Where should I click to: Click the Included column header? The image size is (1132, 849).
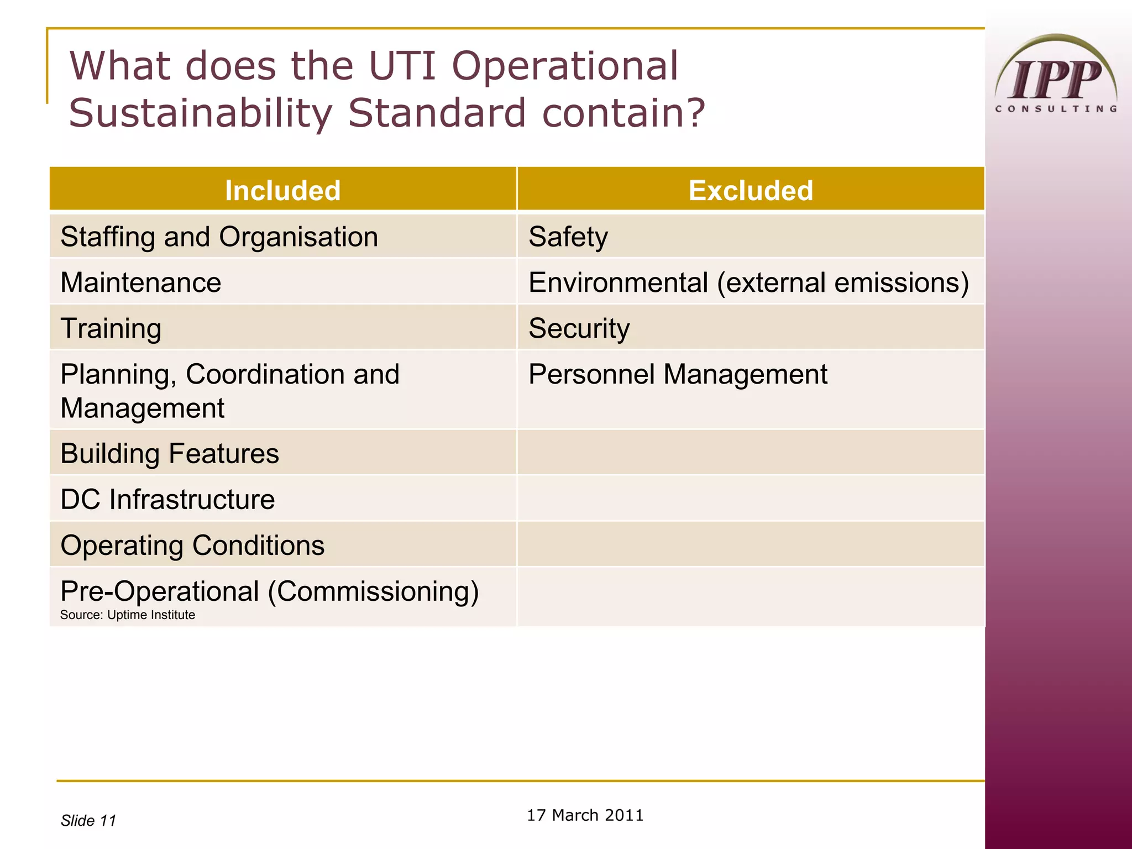tap(282, 190)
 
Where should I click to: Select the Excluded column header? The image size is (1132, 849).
tap(751, 190)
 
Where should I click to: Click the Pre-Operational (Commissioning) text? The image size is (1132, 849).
tap(269, 591)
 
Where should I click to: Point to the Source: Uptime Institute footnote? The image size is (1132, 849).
tap(127, 615)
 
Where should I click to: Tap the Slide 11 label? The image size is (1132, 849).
tap(88, 820)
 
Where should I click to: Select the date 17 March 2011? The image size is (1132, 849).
tap(585, 815)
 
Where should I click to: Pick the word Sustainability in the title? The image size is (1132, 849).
tap(200, 113)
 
